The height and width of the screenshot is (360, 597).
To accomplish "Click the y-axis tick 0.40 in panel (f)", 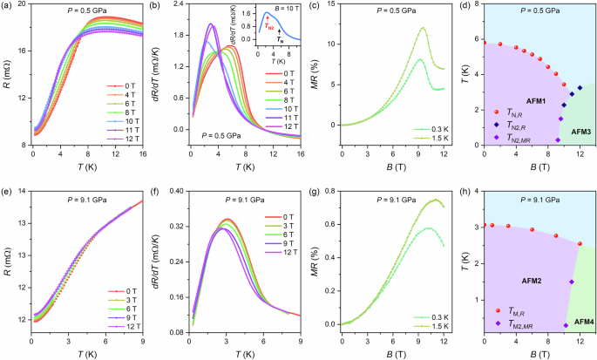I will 173,190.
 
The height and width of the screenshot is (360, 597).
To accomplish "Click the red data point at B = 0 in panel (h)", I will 485,225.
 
